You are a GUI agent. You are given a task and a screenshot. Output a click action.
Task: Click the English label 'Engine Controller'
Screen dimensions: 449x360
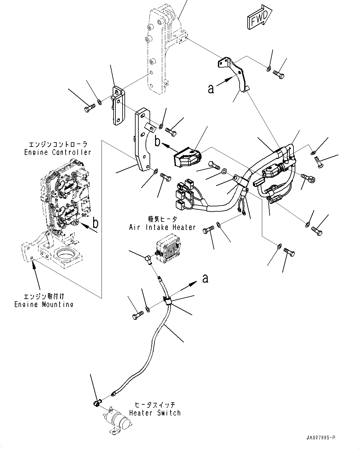pyautogui.click(x=58, y=152)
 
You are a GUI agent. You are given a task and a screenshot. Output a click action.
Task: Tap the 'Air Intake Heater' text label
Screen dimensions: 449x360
pyautogui.click(x=162, y=227)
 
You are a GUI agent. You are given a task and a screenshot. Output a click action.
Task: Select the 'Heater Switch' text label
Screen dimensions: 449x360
pyautogui.click(x=154, y=413)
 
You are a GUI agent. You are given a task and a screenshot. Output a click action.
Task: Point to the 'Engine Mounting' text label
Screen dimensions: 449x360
pyautogui.click(x=44, y=304)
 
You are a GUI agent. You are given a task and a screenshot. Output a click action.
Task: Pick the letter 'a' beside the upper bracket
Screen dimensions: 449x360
pyautogui.click(x=211, y=89)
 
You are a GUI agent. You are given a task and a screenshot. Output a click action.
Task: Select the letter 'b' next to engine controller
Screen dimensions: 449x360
pyautogui.click(x=96, y=222)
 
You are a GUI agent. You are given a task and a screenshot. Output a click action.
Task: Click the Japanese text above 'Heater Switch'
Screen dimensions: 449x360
pyautogui.click(x=155, y=405)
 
